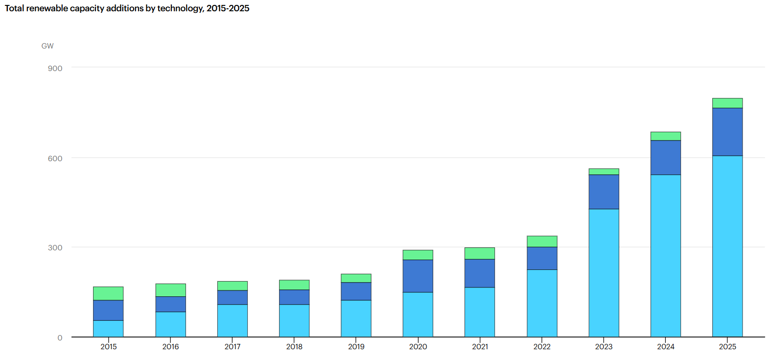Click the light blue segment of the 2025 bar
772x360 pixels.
pos(727,246)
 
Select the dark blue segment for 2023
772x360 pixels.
pos(604,192)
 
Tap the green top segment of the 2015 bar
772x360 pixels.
pos(108,293)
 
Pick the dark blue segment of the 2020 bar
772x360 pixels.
pos(418,276)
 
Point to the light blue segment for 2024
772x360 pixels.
pos(665,256)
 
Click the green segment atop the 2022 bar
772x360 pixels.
pos(542,241)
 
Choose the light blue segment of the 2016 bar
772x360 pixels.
pos(170,324)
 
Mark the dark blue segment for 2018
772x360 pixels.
pos(294,297)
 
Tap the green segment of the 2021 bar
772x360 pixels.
pos(480,253)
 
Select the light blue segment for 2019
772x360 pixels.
pos(356,319)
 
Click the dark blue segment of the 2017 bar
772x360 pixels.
pos(233,297)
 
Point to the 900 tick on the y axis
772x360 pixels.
pos(55,68)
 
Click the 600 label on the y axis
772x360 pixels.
pos(55,158)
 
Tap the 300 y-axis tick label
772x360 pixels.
pos(55,247)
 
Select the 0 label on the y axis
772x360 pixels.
pos(60,338)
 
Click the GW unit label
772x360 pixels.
pos(47,46)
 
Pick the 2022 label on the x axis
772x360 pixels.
pos(542,347)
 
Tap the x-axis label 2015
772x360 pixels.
pos(109,347)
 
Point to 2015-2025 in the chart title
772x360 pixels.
pos(228,8)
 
